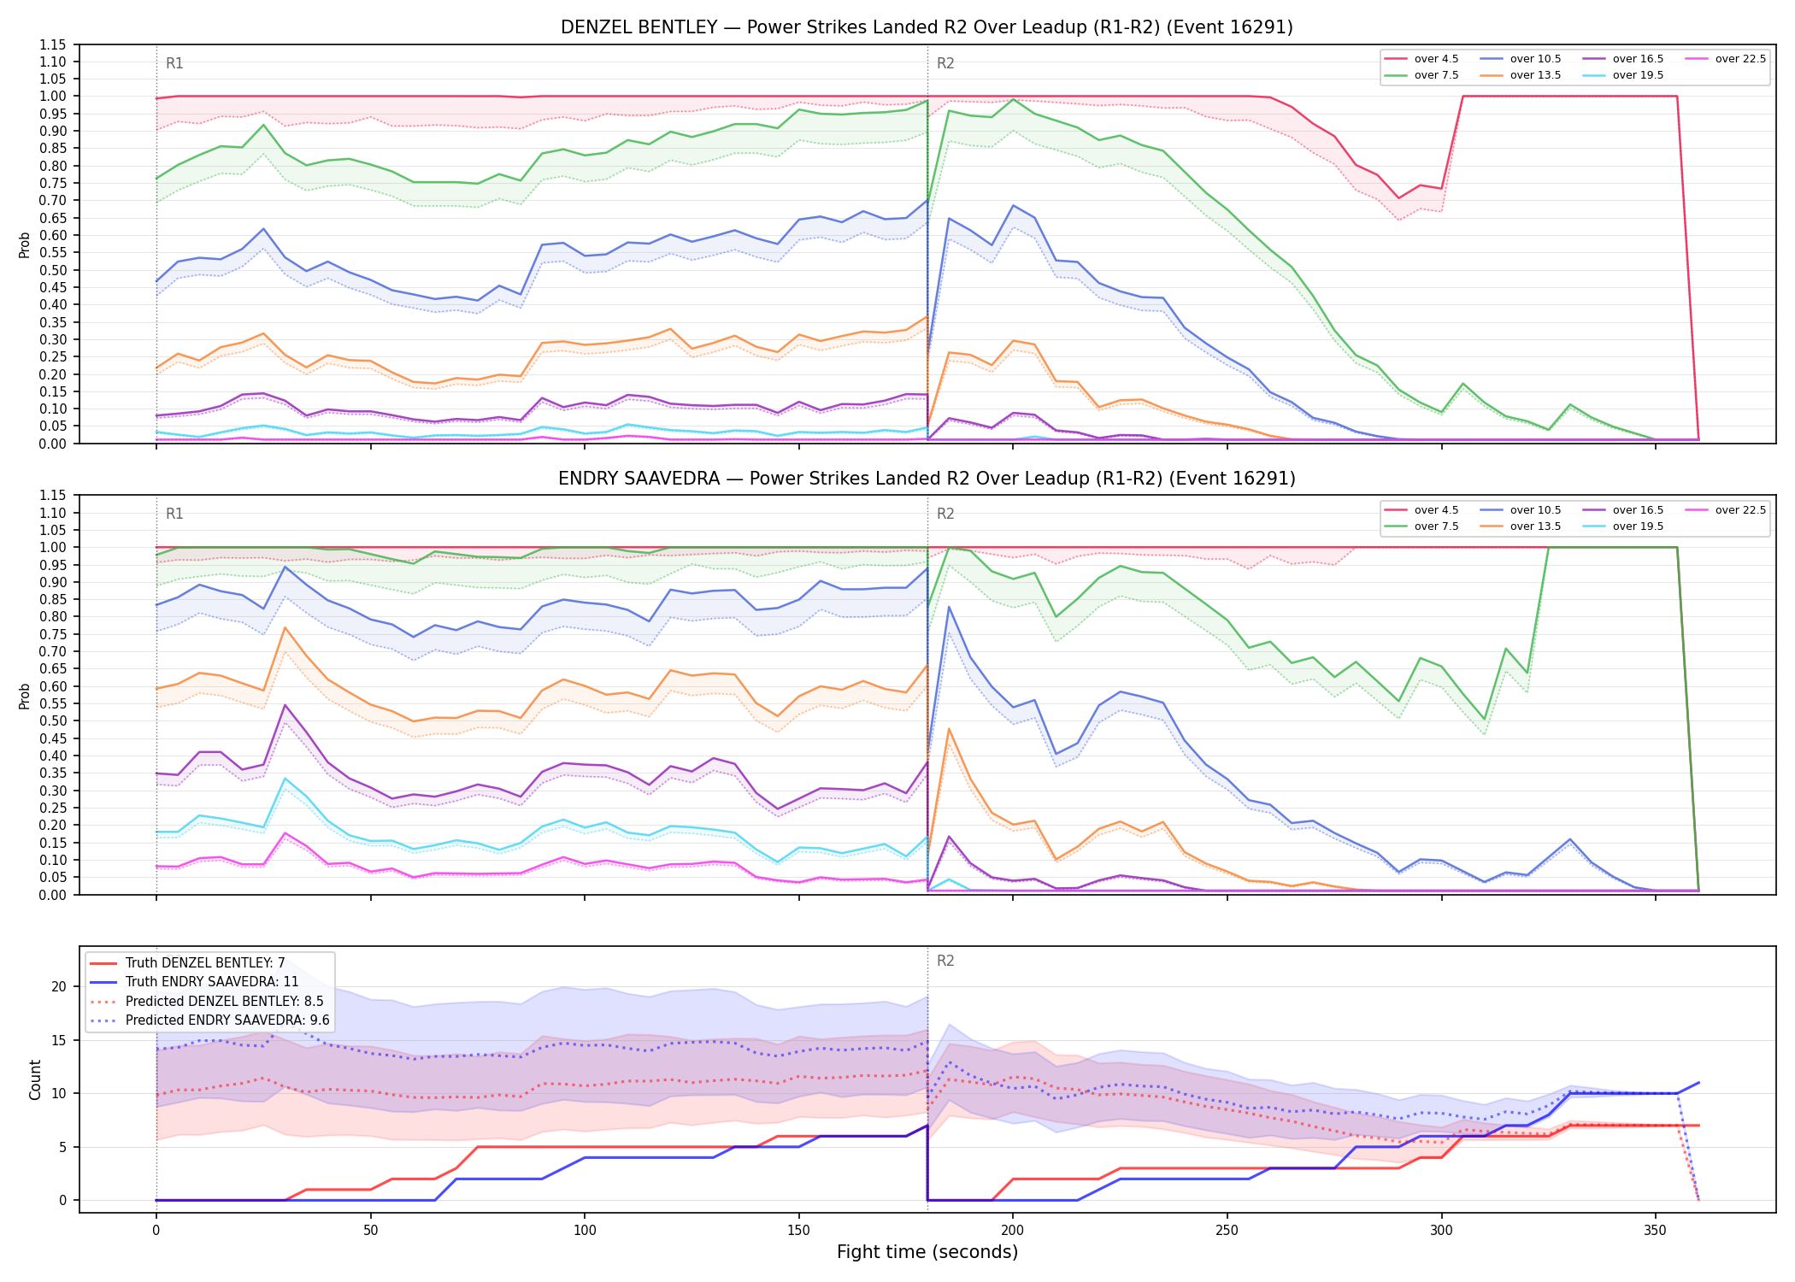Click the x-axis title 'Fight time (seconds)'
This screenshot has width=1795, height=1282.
pyautogui.click(x=927, y=1252)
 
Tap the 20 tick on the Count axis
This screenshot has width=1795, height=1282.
pyautogui.click(x=59, y=986)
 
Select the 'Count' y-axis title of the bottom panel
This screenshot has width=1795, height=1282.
pyautogui.click(x=35, y=1079)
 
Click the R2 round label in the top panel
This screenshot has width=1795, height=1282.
pyautogui.click(x=945, y=63)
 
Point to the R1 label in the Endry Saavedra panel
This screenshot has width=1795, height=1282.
pyautogui.click(x=174, y=514)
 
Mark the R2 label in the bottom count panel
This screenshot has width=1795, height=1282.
pyautogui.click(x=945, y=961)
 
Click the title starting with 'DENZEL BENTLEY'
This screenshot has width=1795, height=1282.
pyautogui.click(x=927, y=27)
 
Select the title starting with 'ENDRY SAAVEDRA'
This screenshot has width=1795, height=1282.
pyautogui.click(x=927, y=479)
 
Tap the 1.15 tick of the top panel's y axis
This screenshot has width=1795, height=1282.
pyautogui.click(x=52, y=44)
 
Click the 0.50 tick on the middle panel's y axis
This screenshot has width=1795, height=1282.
pyautogui.click(x=52, y=720)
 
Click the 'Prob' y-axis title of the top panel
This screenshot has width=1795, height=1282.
pyautogui.click(x=24, y=244)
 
